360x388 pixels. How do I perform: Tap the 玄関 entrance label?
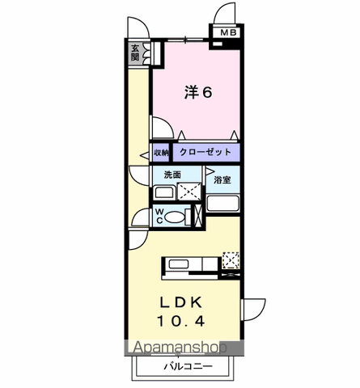135,53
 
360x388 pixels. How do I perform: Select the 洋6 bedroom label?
198,93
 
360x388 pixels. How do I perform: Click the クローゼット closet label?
205,152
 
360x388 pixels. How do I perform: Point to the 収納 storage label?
161,153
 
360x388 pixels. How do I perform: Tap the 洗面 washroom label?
172,175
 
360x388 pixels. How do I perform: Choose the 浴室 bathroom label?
222,179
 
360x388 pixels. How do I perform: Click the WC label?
159,216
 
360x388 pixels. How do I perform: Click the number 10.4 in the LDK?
181,321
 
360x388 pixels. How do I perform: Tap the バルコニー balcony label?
187,365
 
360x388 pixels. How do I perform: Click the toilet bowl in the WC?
180,216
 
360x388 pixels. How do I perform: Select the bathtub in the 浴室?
222,201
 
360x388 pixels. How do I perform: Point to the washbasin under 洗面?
165,192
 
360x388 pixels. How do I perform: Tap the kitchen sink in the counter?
179,263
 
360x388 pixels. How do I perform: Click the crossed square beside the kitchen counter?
231,260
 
